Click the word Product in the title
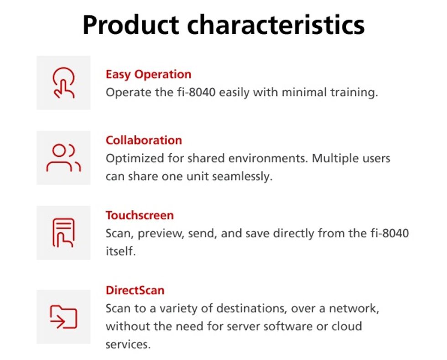pos(131,25)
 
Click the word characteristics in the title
pos(276,25)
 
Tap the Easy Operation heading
pos(148,75)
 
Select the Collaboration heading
pos(144,141)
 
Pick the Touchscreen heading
pos(140,215)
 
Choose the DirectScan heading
pos(135,290)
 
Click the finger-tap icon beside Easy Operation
pos(63,83)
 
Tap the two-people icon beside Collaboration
pos(63,158)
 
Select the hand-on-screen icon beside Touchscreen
pos(63,233)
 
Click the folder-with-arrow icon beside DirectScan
pos(63,317)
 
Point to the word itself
pos(120,251)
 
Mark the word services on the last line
pos(128,344)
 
